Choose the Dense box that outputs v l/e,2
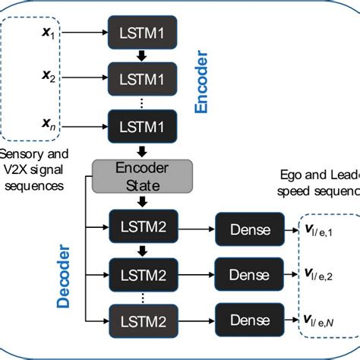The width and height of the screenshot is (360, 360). click(x=248, y=273)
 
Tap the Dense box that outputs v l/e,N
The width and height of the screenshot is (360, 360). click(x=248, y=318)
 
